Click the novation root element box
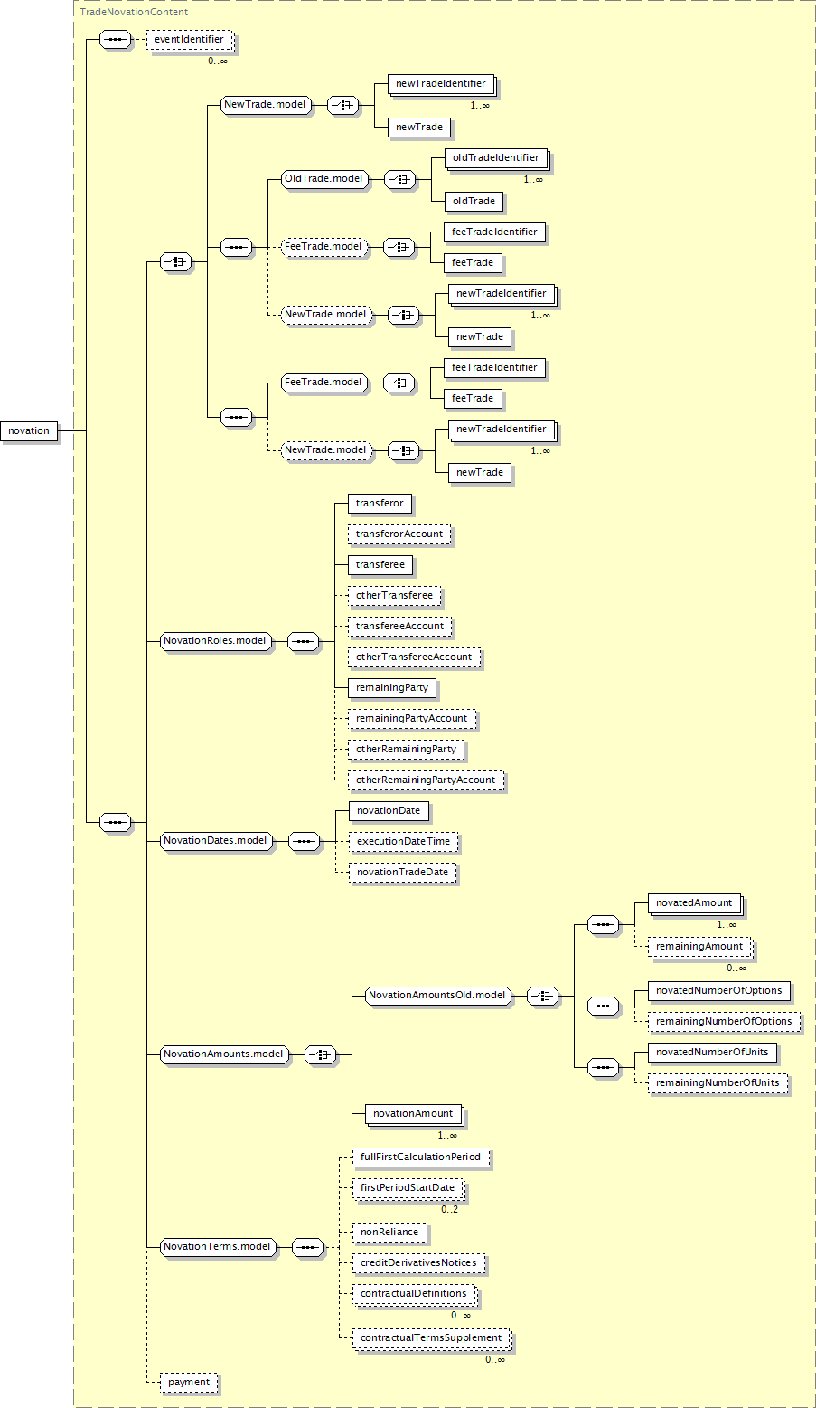coord(29,431)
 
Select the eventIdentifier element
coord(190,40)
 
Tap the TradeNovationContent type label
coord(134,12)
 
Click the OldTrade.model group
coord(324,179)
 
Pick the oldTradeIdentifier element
coord(496,157)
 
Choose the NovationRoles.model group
coord(215,641)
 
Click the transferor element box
coord(380,504)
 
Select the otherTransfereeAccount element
coord(414,657)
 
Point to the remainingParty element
coord(392,688)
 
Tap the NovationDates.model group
coord(216,841)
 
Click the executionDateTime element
coord(404,842)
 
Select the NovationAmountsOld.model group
coord(437,996)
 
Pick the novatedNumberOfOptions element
coord(719,991)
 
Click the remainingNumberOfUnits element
coord(718,1083)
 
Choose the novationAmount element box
coord(413,1114)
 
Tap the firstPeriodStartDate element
coord(408,1188)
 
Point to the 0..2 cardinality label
coord(449,1209)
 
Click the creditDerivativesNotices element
coord(419,1263)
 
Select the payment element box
coord(189,1383)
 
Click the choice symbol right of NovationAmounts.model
coord(321,1054)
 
